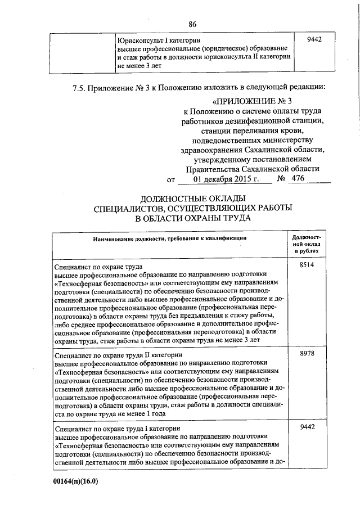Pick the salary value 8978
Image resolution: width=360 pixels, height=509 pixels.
coord(307,353)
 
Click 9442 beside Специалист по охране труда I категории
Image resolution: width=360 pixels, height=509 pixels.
coord(307,428)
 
